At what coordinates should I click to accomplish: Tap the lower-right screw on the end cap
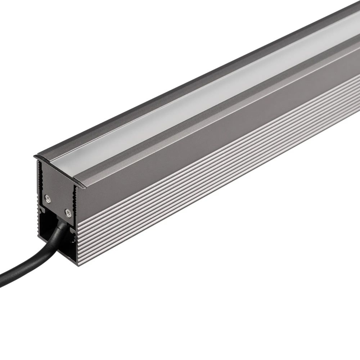(67, 212)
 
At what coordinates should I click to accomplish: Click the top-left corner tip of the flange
(34, 156)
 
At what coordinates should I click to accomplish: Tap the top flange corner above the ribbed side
(85, 185)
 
